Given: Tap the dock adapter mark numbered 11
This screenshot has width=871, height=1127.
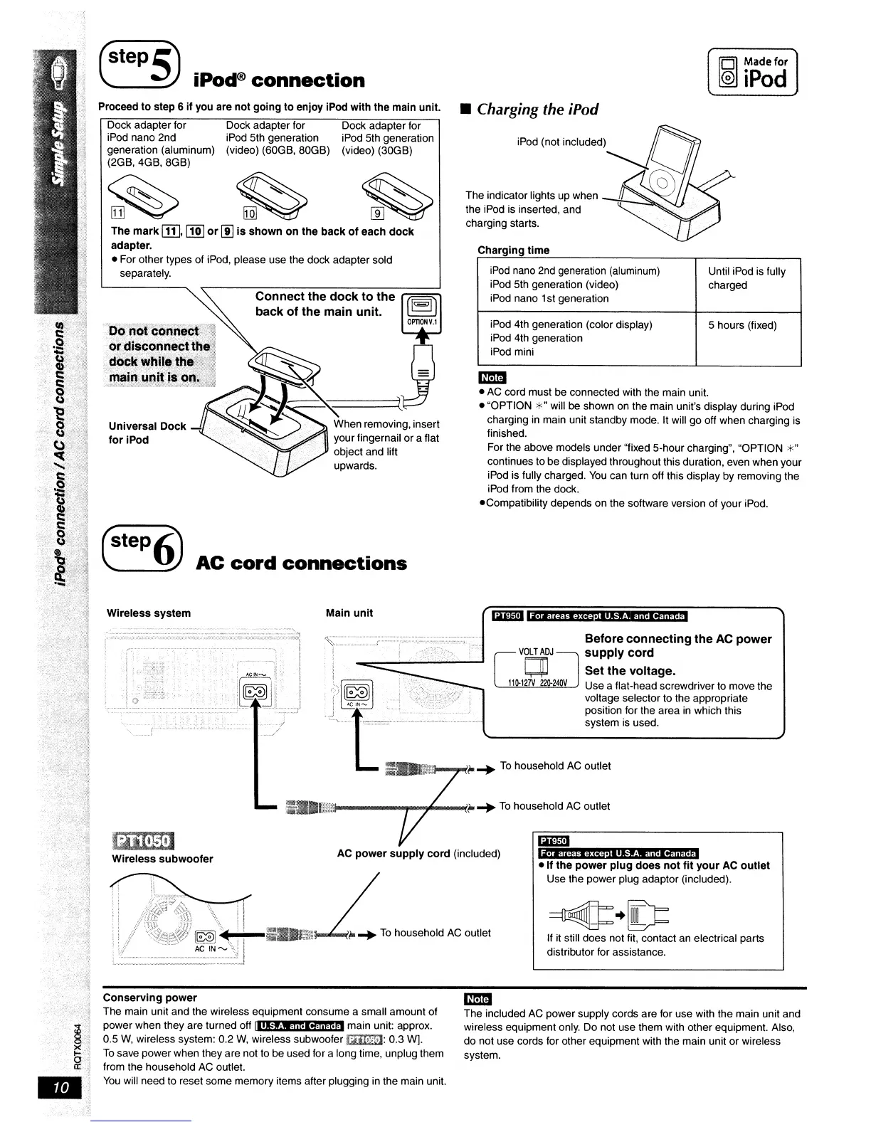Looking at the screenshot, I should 118,213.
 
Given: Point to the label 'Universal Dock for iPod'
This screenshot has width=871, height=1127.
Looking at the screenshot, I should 147,433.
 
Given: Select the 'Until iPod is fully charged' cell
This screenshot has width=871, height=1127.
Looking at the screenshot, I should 746,278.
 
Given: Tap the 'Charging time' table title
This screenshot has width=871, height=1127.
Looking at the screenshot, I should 513,250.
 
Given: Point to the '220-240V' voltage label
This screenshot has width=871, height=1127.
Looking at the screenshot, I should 552,684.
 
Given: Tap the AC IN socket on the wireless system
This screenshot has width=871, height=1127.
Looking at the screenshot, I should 254,691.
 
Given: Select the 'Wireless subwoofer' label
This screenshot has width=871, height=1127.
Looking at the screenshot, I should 162,859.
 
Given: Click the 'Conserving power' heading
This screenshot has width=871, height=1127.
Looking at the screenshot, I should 149,998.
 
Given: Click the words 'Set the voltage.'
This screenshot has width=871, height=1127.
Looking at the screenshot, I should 630,670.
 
